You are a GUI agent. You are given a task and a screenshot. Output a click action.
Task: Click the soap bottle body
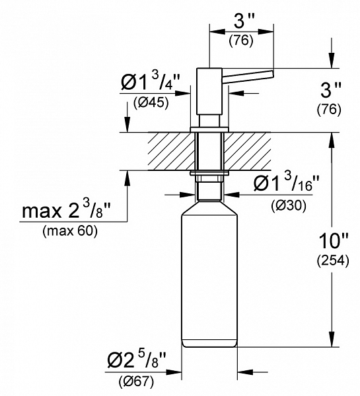click(x=208, y=277)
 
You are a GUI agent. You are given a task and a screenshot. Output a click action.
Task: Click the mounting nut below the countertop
click(x=209, y=177)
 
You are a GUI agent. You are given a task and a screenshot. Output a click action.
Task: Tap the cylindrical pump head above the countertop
click(x=209, y=92)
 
